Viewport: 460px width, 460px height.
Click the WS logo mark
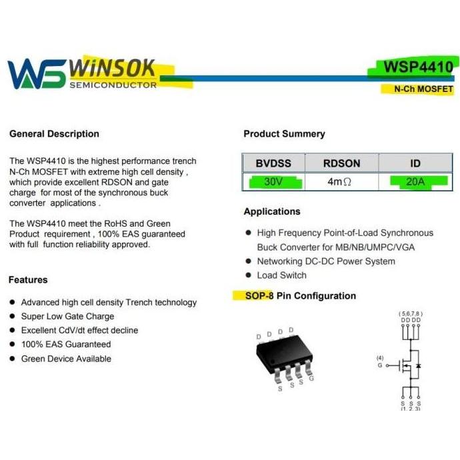tap(36, 73)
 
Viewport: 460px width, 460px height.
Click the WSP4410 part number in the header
tap(418, 67)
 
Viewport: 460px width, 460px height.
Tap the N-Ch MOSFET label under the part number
tap(423, 89)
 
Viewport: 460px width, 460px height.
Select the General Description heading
tap(54, 134)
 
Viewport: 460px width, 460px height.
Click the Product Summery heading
tap(284, 134)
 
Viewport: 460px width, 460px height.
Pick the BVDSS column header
tap(273, 163)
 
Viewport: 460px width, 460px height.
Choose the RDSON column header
tap(341, 163)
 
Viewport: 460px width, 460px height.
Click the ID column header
tap(415, 163)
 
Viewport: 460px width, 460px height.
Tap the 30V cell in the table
tap(273, 181)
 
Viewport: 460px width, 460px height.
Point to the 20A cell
tap(415, 181)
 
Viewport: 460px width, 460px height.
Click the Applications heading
tap(272, 211)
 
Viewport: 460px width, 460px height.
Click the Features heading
tap(28, 280)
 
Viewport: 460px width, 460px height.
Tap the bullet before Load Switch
tap(249, 275)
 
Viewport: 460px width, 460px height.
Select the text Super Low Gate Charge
tap(67, 317)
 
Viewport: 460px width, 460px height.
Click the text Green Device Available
tap(66, 359)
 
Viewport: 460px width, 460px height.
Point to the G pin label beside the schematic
tap(380, 365)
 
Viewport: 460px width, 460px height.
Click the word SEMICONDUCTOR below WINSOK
tap(113, 85)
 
